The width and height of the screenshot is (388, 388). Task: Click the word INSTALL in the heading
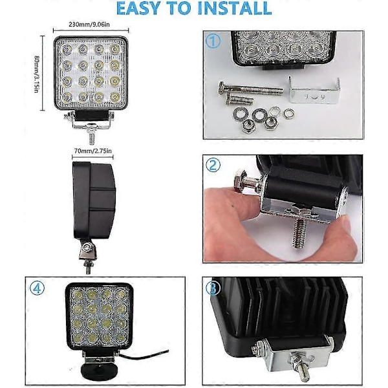click(x=234, y=8)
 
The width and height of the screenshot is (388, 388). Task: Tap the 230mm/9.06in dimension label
click(x=89, y=25)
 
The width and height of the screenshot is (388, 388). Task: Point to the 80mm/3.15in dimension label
click(x=36, y=74)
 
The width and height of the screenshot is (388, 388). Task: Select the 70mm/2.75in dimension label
click(x=93, y=151)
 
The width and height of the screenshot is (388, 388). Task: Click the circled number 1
click(x=213, y=41)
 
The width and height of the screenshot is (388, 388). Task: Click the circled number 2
click(x=213, y=166)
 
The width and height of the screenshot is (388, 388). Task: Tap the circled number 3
click(x=213, y=288)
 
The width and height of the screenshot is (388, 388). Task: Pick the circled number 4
click(x=37, y=288)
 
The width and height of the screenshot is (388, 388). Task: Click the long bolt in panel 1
click(x=250, y=89)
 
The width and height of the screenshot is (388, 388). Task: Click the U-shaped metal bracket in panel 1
click(x=314, y=91)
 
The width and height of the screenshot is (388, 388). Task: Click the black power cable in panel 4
click(x=144, y=355)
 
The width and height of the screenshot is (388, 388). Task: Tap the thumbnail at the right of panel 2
click(x=347, y=223)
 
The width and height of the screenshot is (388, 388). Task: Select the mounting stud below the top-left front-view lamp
click(x=91, y=138)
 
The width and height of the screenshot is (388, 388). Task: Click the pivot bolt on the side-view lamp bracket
click(x=86, y=247)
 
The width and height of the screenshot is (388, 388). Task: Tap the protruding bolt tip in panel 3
click(x=304, y=374)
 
